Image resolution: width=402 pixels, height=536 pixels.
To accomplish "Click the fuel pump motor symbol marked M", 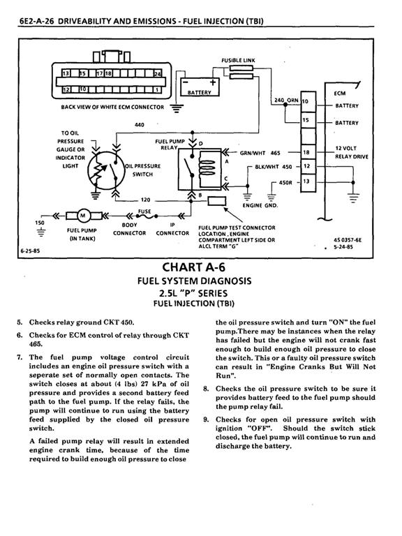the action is coord(83,216).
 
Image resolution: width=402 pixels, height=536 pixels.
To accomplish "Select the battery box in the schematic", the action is coord(200,87).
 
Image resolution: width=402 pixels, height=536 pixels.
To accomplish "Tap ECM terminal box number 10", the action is coord(308,101).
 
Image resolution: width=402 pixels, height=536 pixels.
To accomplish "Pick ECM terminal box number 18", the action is coord(308,152).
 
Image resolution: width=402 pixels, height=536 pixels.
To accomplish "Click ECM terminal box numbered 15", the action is coord(308,119).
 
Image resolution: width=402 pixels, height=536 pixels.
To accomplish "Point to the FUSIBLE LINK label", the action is coord(238,61).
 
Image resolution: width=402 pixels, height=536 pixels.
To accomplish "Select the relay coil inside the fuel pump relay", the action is coord(205,167).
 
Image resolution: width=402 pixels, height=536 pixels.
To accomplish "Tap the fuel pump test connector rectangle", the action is coord(217,201).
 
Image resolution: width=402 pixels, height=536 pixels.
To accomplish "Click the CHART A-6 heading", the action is coord(194,267).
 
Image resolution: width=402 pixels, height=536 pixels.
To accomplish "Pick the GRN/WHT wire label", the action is coord(253,153).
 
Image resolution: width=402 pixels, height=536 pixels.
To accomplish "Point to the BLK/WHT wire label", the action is coord(267,167).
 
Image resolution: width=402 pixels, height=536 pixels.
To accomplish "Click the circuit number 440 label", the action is coord(140,125).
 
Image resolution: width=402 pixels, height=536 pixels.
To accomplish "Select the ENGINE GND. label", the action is coord(260,205).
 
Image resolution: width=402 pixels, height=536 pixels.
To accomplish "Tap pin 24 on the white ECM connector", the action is coord(158,73).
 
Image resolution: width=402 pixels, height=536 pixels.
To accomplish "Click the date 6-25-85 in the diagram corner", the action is coord(30,251).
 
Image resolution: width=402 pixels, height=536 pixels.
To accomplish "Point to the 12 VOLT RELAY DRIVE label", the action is coord(352,152).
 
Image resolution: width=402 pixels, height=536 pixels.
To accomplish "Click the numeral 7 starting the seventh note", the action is coord(19,357).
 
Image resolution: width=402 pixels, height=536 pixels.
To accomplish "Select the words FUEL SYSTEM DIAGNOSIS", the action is coord(194,281).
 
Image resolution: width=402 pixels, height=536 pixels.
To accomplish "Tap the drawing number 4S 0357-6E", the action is coord(348,240).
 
